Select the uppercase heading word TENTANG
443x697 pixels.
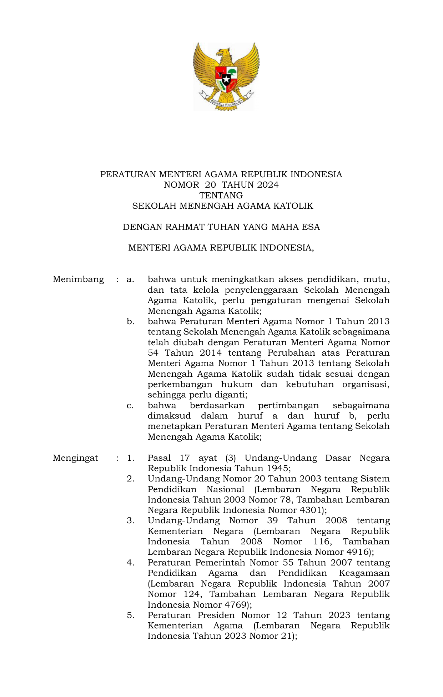[x=221, y=196]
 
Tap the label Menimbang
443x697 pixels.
[x=78, y=279]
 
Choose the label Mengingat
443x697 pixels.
[x=75, y=458]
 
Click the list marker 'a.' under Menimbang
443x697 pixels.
[x=130, y=279]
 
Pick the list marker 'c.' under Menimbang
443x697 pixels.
[x=130, y=405]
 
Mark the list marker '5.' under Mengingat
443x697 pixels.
[x=130, y=615]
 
